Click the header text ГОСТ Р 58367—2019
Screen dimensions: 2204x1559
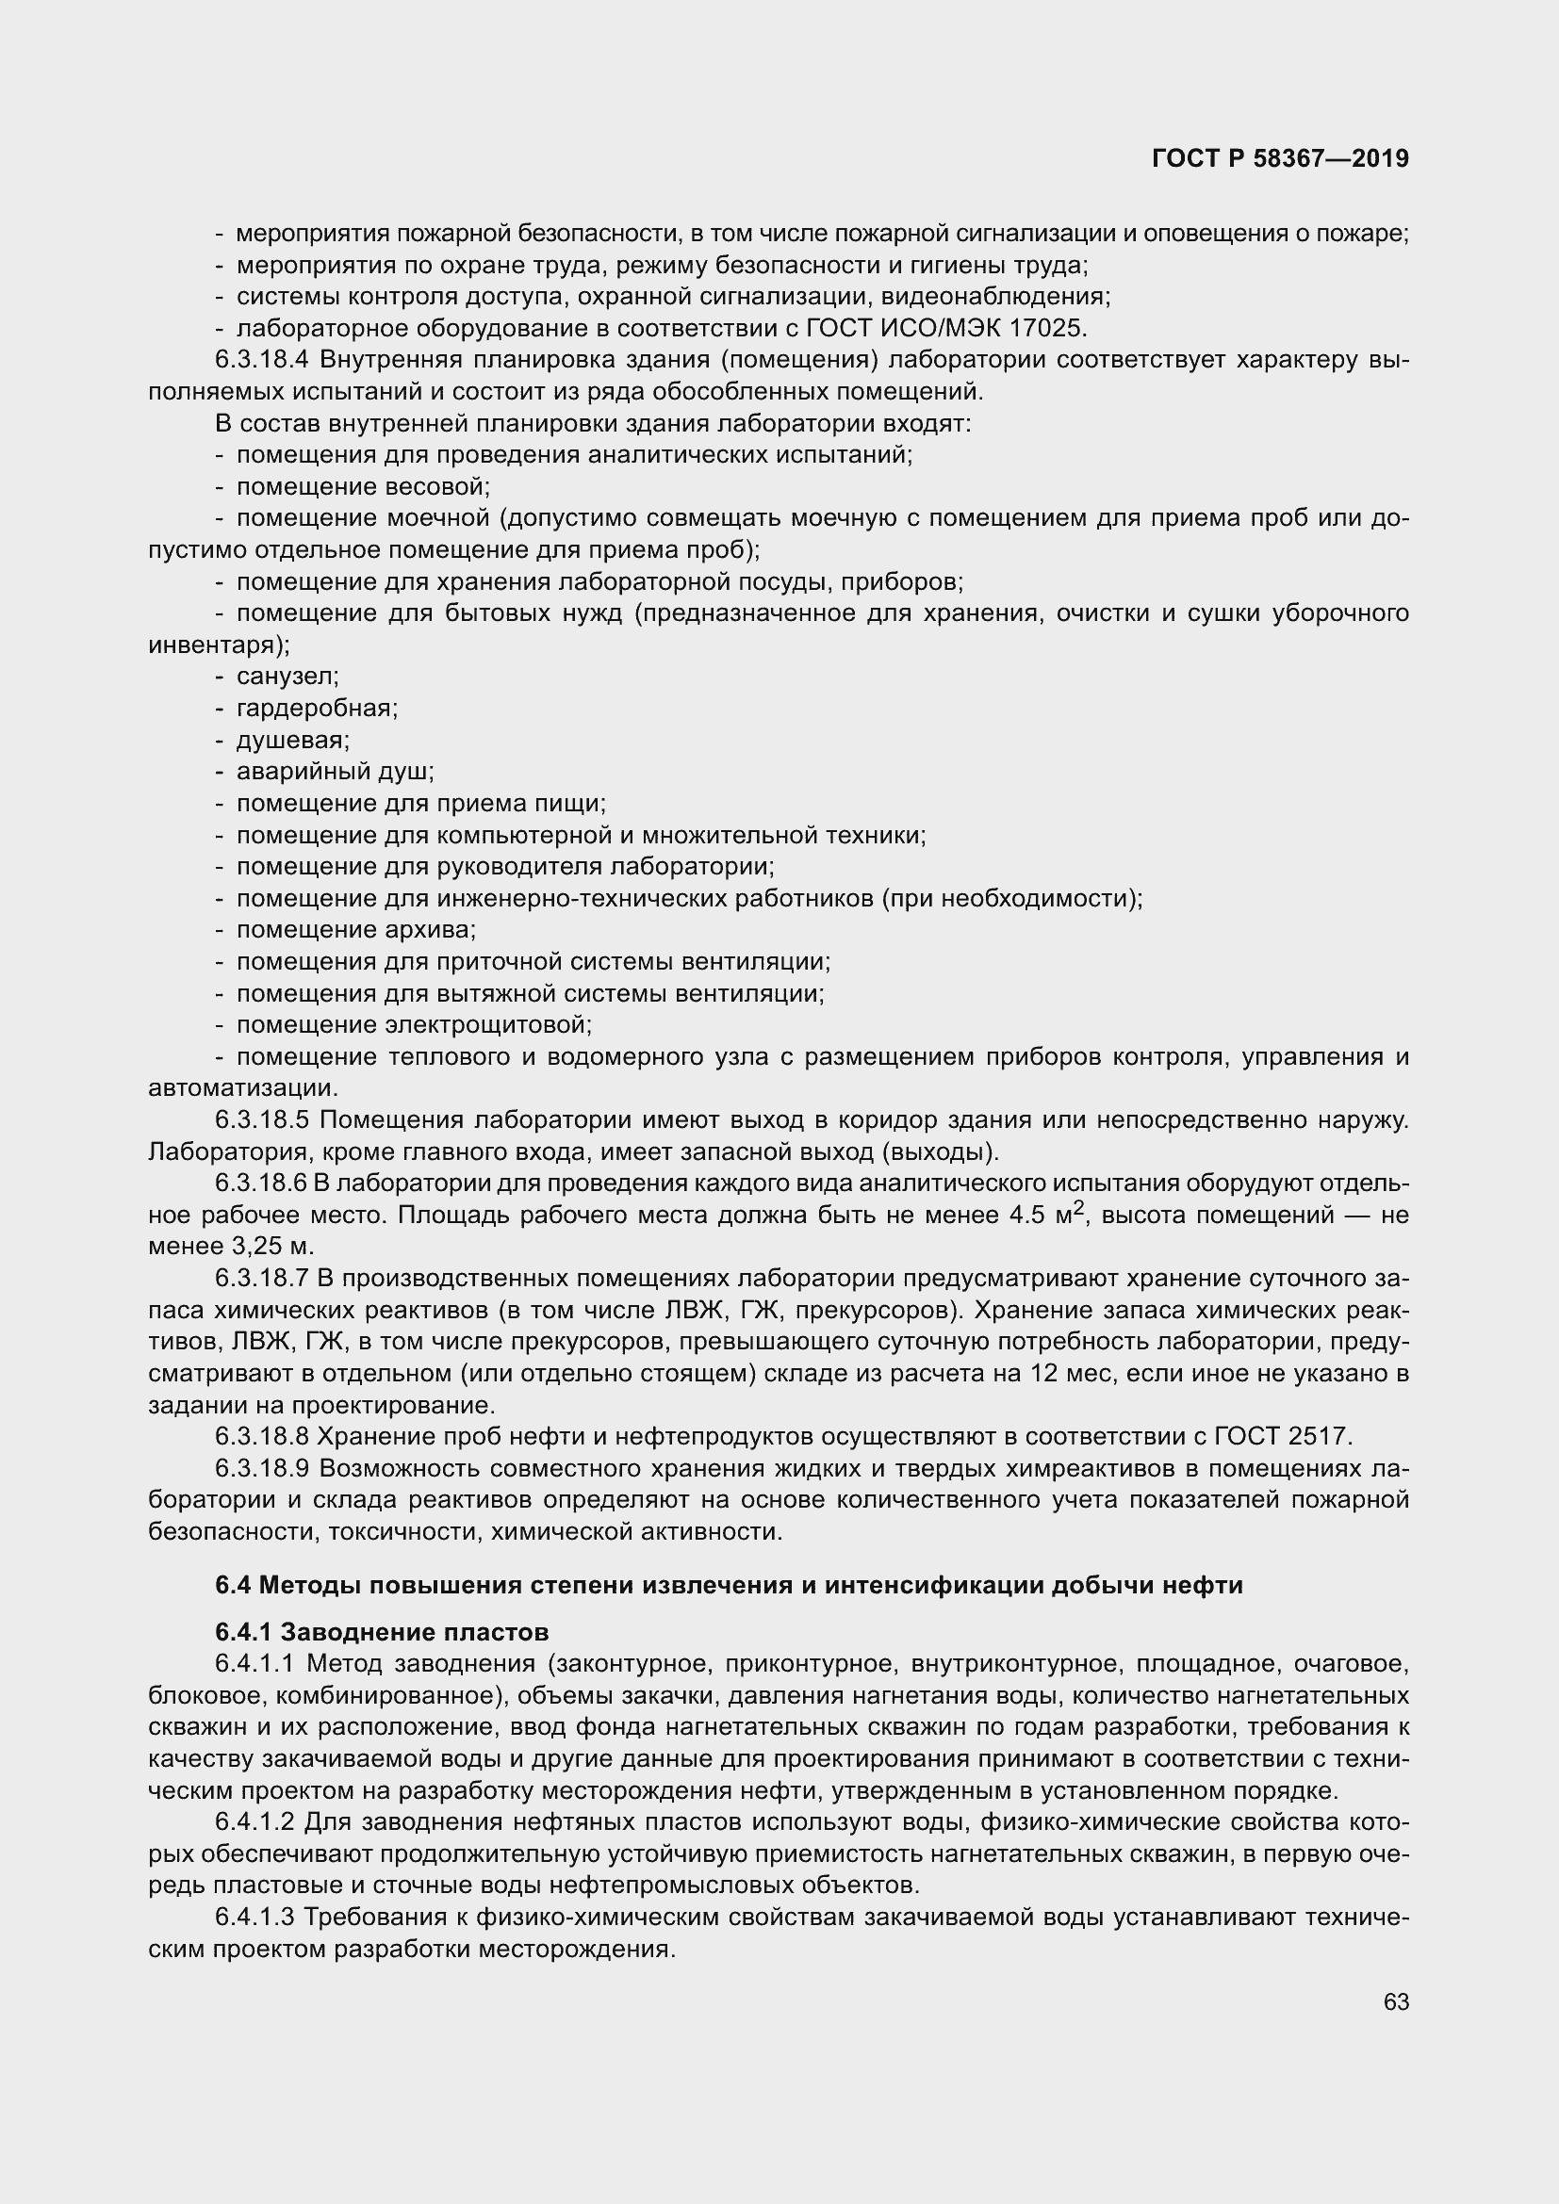[1280, 159]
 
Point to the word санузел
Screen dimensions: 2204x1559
[285, 677]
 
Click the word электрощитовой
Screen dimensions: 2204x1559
[486, 1025]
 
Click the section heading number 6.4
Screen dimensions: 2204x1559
[232, 1585]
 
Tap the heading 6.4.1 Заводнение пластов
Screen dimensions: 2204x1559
[381, 1632]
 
